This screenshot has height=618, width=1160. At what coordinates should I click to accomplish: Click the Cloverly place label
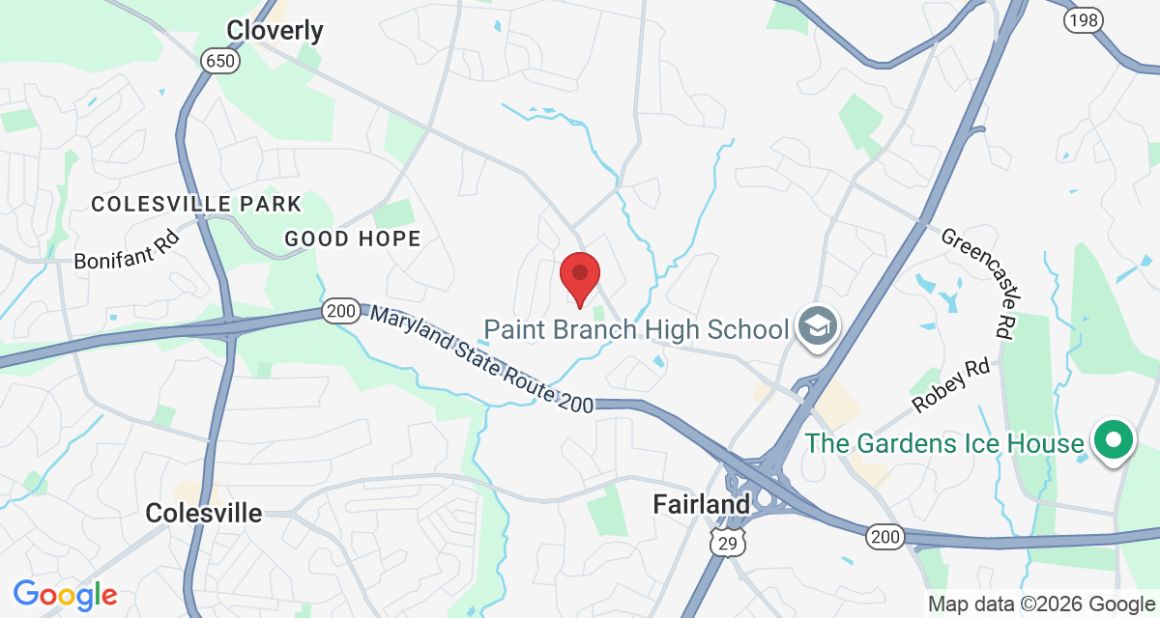tap(275, 31)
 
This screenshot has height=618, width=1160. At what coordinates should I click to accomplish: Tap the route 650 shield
tap(217, 62)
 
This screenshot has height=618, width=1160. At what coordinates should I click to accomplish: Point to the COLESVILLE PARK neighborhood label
tap(196, 205)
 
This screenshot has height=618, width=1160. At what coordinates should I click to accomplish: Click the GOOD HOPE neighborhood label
tap(353, 239)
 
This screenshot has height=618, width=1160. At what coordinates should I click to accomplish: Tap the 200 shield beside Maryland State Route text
tap(340, 312)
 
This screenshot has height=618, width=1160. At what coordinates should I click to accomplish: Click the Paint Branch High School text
tap(636, 329)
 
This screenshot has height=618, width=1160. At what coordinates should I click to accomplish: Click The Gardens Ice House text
tap(944, 443)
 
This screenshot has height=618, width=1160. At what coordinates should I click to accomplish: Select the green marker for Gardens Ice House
tap(1113, 441)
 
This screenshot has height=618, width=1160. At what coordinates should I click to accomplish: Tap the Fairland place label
tap(701, 504)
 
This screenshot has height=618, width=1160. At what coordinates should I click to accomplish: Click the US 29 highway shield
tap(726, 544)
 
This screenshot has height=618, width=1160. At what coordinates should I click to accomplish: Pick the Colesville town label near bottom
tap(203, 513)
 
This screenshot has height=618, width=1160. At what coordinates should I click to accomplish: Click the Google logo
tap(65, 594)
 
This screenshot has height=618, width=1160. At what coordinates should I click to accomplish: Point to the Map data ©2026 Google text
tap(1040, 604)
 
